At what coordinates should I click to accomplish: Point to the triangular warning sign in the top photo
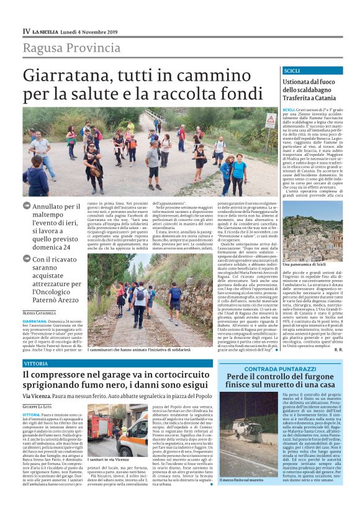point(271,119)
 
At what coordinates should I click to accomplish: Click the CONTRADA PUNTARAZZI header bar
point(280,369)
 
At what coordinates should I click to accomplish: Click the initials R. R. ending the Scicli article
point(338,349)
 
